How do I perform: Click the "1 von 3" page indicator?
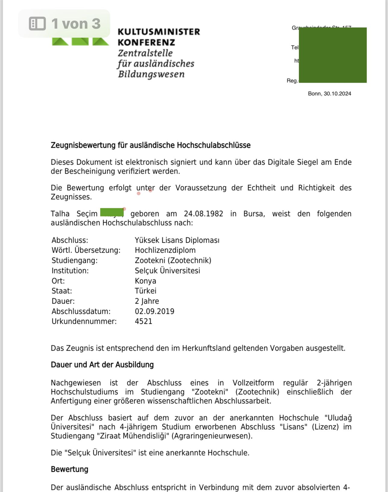point(76,24)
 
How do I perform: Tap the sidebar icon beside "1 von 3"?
point(37,24)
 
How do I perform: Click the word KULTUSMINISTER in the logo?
point(159,32)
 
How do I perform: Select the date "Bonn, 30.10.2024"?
point(329,94)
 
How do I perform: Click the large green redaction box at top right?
point(333,55)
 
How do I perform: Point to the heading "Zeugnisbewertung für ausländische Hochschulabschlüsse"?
point(151,145)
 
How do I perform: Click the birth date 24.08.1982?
point(203,214)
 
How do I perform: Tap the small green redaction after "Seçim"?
point(112,212)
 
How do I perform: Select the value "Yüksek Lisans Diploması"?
point(177,240)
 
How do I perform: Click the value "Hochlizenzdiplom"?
point(165,250)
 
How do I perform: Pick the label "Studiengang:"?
point(75,260)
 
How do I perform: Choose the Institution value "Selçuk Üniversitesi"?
point(167,271)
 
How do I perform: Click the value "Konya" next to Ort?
point(145,281)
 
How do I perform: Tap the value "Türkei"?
point(145,291)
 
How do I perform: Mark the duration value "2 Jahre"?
point(147,301)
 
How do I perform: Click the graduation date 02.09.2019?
point(154,311)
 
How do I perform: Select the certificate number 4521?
point(143,321)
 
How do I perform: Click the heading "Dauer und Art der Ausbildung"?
point(102,365)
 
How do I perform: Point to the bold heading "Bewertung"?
point(70,469)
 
